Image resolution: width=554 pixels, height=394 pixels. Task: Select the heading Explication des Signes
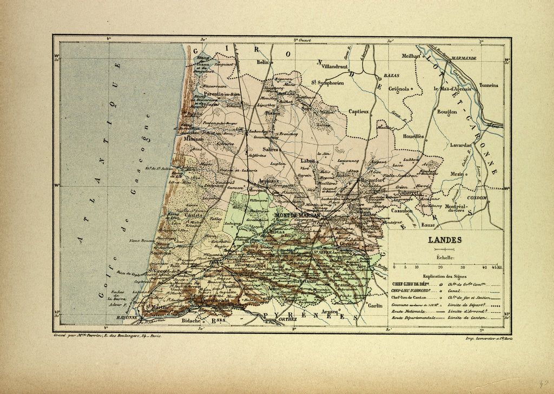(x=445, y=276)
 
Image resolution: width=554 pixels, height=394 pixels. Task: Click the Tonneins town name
(x=487, y=86)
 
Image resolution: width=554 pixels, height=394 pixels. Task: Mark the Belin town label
(x=262, y=63)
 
